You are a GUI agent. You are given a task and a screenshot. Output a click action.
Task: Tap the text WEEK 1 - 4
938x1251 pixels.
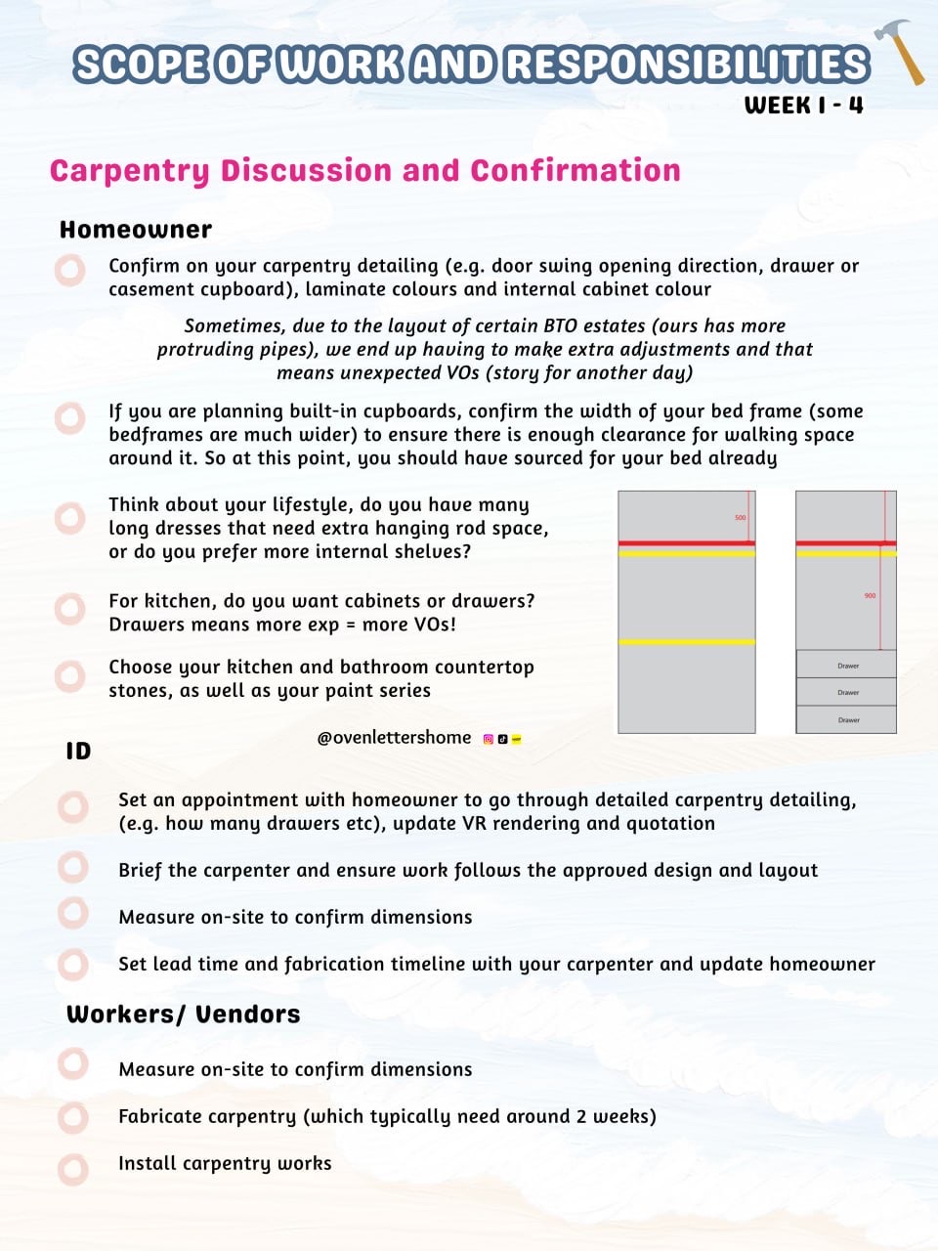pos(803,106)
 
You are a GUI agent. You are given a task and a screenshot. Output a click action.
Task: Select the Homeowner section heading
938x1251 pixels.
pos(136,230)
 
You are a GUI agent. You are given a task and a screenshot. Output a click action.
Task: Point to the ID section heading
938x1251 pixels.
pos(78,751)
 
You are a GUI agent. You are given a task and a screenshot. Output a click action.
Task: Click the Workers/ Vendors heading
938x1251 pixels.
pos(183,1014)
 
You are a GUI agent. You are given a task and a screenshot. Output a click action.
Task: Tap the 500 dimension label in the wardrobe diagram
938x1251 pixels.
pos(740,517)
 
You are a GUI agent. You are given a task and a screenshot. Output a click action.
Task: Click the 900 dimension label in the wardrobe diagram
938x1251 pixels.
pos(870,595)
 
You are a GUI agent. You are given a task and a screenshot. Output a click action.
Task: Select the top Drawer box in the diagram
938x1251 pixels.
pos(846,665)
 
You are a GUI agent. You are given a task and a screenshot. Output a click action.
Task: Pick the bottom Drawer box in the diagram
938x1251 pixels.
pos(846,719)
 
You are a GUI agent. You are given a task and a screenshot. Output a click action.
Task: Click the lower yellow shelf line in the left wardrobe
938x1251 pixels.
pos(687,642)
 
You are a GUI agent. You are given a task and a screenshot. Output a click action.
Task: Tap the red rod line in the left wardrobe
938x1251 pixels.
pos(687,542)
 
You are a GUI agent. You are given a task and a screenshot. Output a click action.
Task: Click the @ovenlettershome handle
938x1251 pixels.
pos(394,738)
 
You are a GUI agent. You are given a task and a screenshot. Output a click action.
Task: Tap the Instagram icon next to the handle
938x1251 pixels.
pos(489,739)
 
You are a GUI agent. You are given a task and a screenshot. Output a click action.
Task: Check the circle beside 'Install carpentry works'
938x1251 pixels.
pos(72,1168)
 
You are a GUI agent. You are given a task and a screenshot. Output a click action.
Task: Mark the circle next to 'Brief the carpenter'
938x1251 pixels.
pos(72,866)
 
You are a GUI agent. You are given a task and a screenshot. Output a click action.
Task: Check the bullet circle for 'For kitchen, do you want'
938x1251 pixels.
pos(70,610)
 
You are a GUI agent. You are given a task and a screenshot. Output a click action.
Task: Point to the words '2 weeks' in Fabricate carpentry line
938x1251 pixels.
pos(613,1116)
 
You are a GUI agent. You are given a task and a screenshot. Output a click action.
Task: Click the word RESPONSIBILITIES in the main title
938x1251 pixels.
pos(687,65)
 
